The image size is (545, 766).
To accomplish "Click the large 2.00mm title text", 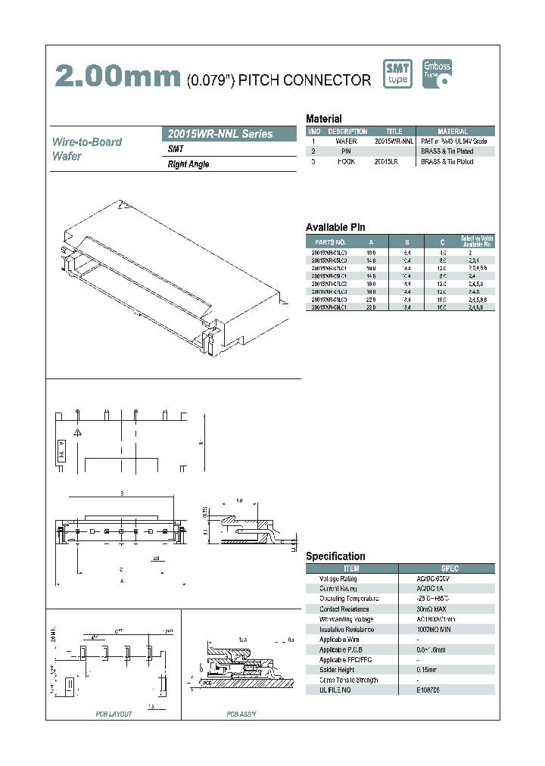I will [118, 76].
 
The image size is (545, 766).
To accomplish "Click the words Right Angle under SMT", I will [188, 164].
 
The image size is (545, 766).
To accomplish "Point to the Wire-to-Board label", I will [86, 142].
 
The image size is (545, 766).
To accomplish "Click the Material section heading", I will [323, 119].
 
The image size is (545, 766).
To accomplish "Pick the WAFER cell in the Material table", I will [346, 142].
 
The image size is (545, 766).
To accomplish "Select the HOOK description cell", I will [346, 161].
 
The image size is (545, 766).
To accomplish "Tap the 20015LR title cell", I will [394, 161].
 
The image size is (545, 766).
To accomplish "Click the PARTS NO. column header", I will [330, 241].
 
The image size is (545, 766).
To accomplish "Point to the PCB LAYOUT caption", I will [114, 714].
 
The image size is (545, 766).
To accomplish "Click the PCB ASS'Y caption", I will [241, 714].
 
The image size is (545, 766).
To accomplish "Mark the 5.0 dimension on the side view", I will [239, 501].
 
